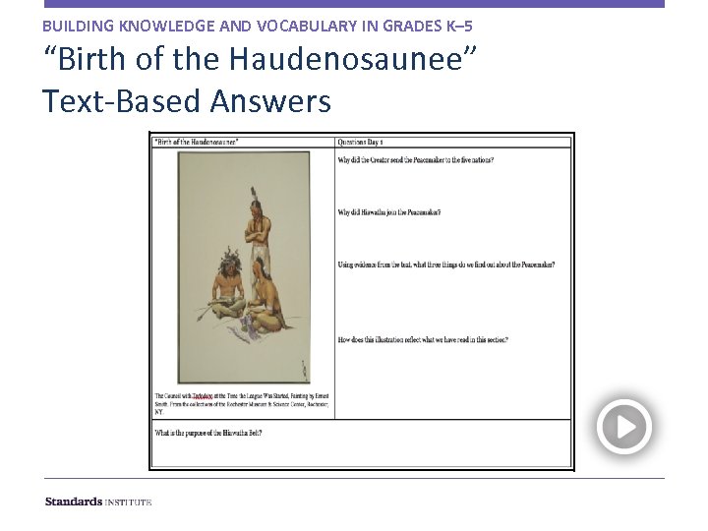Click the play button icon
624,427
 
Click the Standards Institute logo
98,501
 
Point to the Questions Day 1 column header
361,142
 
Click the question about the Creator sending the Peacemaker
415,159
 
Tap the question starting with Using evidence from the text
445,265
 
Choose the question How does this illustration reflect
423,340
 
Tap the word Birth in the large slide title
91,59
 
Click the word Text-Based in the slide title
110,100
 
